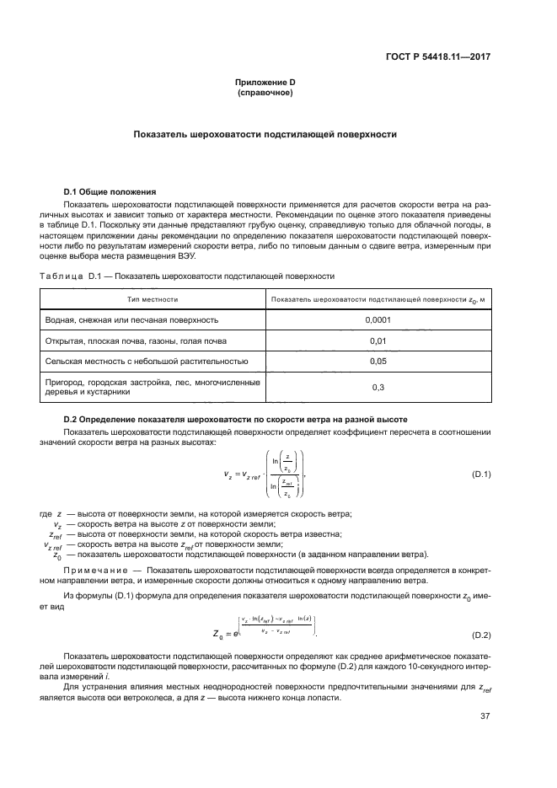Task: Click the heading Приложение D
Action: point(265,82)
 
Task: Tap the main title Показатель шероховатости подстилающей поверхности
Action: point(265,134)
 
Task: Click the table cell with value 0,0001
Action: point(377,320)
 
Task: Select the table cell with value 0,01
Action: point(377,341)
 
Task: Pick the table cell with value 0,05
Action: point(377,362)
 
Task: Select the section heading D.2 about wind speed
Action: point(236,419)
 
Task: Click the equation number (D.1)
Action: point(481,475)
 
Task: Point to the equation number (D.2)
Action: point(481,634)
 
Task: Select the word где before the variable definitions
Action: point(46,514)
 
